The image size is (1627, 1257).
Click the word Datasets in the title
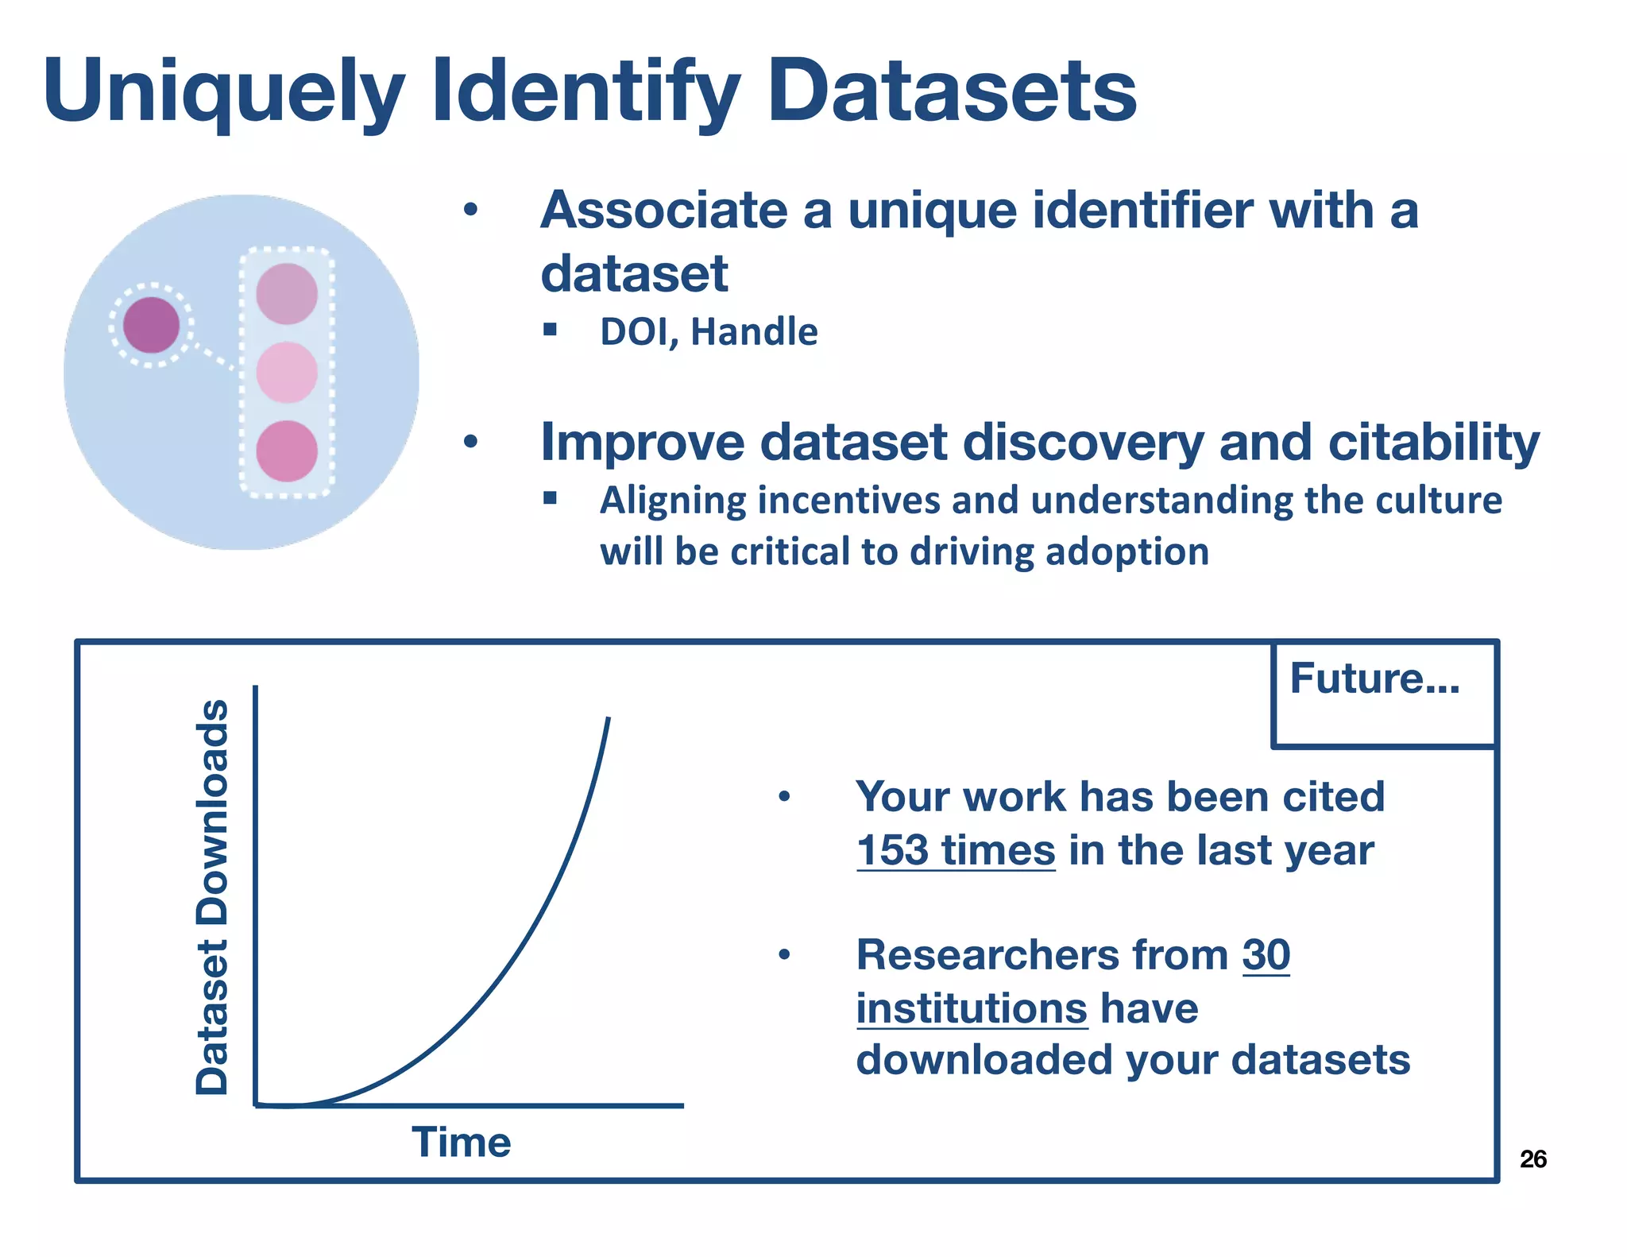coord(951,91)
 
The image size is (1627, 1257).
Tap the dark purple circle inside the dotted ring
coord(151,325)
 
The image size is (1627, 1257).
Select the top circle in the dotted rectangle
coord(287,294)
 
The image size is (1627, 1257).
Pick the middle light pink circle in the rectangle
coord(287,373)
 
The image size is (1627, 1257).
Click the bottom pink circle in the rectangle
coord(287,451)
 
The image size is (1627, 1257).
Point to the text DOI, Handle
coord(708,331)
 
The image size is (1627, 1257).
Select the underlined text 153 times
coord(956,850)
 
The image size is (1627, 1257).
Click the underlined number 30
coord(1266,954)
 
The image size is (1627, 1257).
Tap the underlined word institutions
coord(971,1008)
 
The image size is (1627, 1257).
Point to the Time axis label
coord(461,1143)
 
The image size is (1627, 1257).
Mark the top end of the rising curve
coord(608,719)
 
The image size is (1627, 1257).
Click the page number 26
coord(1532,1159)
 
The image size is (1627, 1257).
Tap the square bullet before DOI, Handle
coord(550,329)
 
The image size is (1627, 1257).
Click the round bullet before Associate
coord(471,211)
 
